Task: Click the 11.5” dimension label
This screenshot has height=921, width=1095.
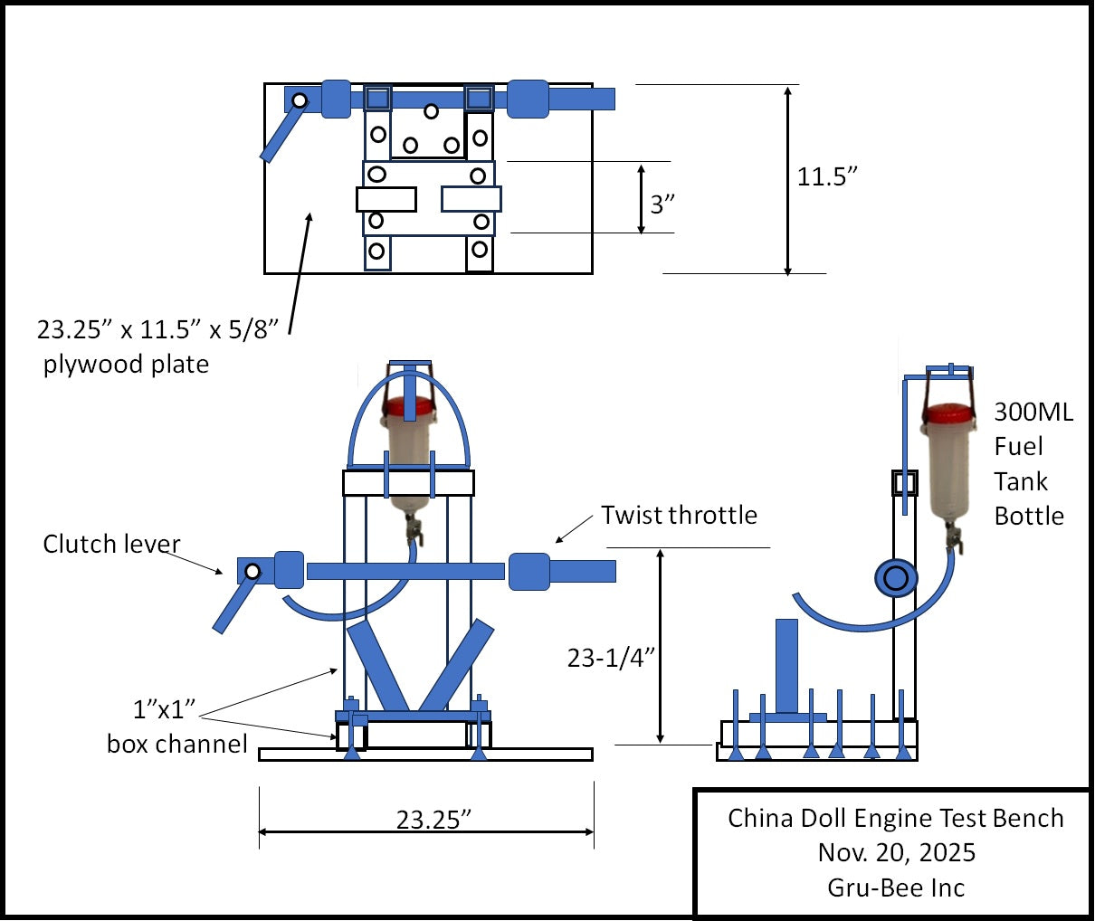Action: coord(826,176)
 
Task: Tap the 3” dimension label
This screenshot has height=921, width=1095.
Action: coord(663,204)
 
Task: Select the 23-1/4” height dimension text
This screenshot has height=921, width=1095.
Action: coord(611,658)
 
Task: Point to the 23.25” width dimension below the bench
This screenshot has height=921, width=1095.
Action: coord(433,820)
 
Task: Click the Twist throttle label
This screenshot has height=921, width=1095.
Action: coord(679,515)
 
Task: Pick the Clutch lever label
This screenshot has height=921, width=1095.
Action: coord(111,544)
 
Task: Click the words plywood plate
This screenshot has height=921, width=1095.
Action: coord(126,365)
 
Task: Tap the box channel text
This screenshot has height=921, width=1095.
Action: coord(176,744)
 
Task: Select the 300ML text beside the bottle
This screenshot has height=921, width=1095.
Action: coord(1033,413)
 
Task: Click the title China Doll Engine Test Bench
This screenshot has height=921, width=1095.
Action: coord(895,818)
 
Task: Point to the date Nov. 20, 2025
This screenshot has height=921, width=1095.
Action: coord(896,852)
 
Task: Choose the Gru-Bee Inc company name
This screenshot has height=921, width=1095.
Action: coord(895,888)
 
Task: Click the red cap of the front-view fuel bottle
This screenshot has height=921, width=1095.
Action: coord(410,408)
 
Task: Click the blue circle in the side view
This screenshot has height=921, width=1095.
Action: coord(896,578)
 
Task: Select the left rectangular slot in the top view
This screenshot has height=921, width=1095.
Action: coord(386,199)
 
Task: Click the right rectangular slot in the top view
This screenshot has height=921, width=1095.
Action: coord(471,199)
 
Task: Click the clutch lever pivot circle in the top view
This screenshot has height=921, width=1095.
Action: coord(298,100)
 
